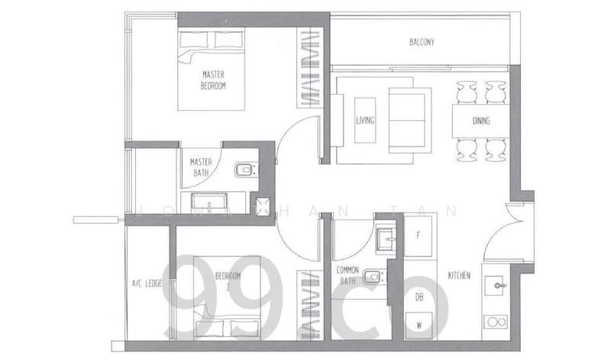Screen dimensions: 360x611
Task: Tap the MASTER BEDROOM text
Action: (x=213, y=80)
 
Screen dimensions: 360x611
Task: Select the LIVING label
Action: (x=365, y=120)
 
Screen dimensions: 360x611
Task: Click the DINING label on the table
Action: (x=481, y=121)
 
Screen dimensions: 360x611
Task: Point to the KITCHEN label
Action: (x=458, y=275)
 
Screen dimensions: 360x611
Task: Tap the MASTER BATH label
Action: (x=201, y=167)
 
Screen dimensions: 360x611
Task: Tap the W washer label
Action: (x=419, y=326)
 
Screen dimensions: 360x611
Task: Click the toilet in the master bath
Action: (x=244, y=169)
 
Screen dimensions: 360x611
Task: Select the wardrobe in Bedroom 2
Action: (x=309, y=306)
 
